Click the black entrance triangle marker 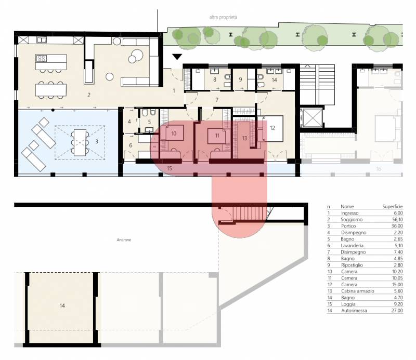click(177, 57)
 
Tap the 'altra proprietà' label click(223, 18)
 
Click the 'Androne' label click(124, 240)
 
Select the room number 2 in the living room click(89, 95)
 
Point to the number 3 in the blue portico click(97, 142)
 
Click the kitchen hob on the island click(41, 58)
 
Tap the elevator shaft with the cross click(311, 117)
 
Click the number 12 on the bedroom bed click(272, 128)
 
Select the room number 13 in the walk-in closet click(244, 138)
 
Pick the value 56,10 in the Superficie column click(397, 220)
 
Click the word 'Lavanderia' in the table click(352, 246)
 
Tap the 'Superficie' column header click(393, 207)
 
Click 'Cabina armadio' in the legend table click(358, 291)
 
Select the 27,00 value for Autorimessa click(397, 311)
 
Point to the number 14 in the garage click(62, 305)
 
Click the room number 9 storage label click(240, 79)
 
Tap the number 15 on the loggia click(170, 168)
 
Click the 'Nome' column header click(347, 207)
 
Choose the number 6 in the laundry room click(131, 145)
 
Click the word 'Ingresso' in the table click(349, 213)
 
